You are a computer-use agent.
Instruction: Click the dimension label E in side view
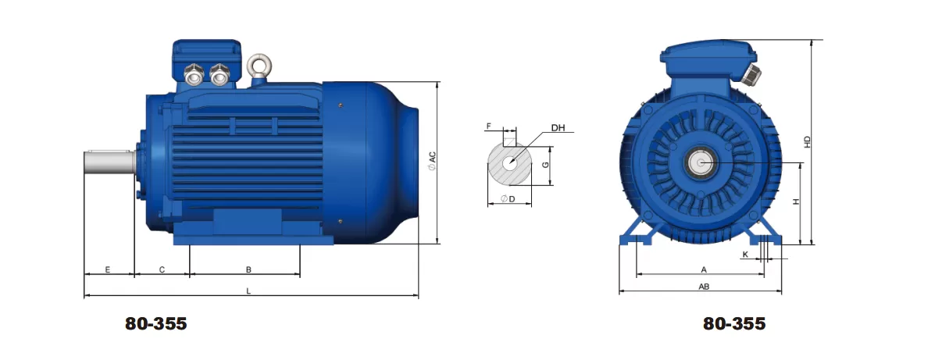pos(108,269)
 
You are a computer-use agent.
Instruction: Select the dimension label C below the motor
pos(162,269)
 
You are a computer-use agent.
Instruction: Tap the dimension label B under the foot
pos(248,269)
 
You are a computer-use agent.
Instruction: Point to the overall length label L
pos(248,290)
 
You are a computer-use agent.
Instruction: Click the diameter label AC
pos(431,160)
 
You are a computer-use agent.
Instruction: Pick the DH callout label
pos(558,127)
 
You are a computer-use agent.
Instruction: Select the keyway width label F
pos(489,126)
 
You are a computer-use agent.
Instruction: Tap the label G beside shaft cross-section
pos(546,165)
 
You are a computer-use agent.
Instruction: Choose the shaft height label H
pos(796,201)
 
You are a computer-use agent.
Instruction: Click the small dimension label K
pos(745,255)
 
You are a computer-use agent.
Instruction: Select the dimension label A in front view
pos(703,269)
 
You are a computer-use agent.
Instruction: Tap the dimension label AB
pos(703,287)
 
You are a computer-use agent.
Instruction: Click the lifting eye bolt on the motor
pos(257,66)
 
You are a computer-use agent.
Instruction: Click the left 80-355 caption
pos(156,323)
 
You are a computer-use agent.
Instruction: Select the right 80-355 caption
pos(734,323)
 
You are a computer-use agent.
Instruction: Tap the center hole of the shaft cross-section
pos(509,163)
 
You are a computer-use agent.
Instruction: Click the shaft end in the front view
pos(701,162)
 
